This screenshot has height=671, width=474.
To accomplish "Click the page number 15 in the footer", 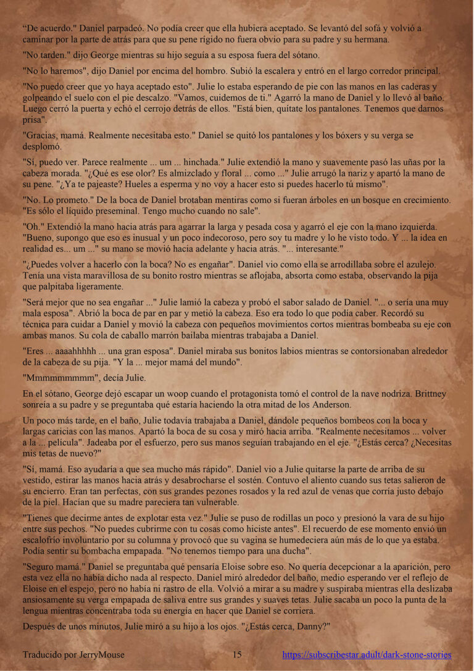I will [237, 654].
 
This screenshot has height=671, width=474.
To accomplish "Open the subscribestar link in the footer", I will [367, 654].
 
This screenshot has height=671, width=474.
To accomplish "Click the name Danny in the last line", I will [306, 625].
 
